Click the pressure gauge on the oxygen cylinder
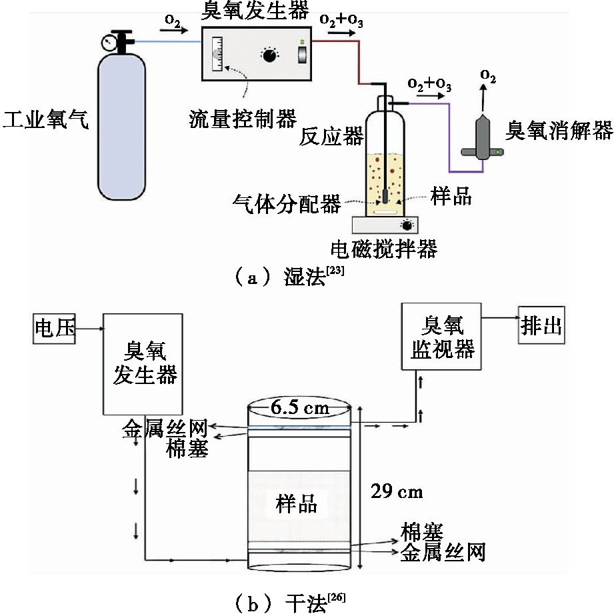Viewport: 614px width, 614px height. [x=109, y=43]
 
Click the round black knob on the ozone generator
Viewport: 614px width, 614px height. [x=269, y=56]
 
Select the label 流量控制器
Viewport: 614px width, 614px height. [x=243, y=119]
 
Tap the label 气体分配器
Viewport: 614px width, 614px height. [x=287, y=202]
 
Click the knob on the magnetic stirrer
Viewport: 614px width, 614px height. [x=405, y=225]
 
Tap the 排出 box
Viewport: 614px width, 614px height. [x=541, y=327]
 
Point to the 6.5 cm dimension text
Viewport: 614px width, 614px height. [x=299, y=407]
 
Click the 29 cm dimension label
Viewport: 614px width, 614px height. [x=396, y=492]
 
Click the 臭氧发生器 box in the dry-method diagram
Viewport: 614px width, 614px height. [x=143, y=364]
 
